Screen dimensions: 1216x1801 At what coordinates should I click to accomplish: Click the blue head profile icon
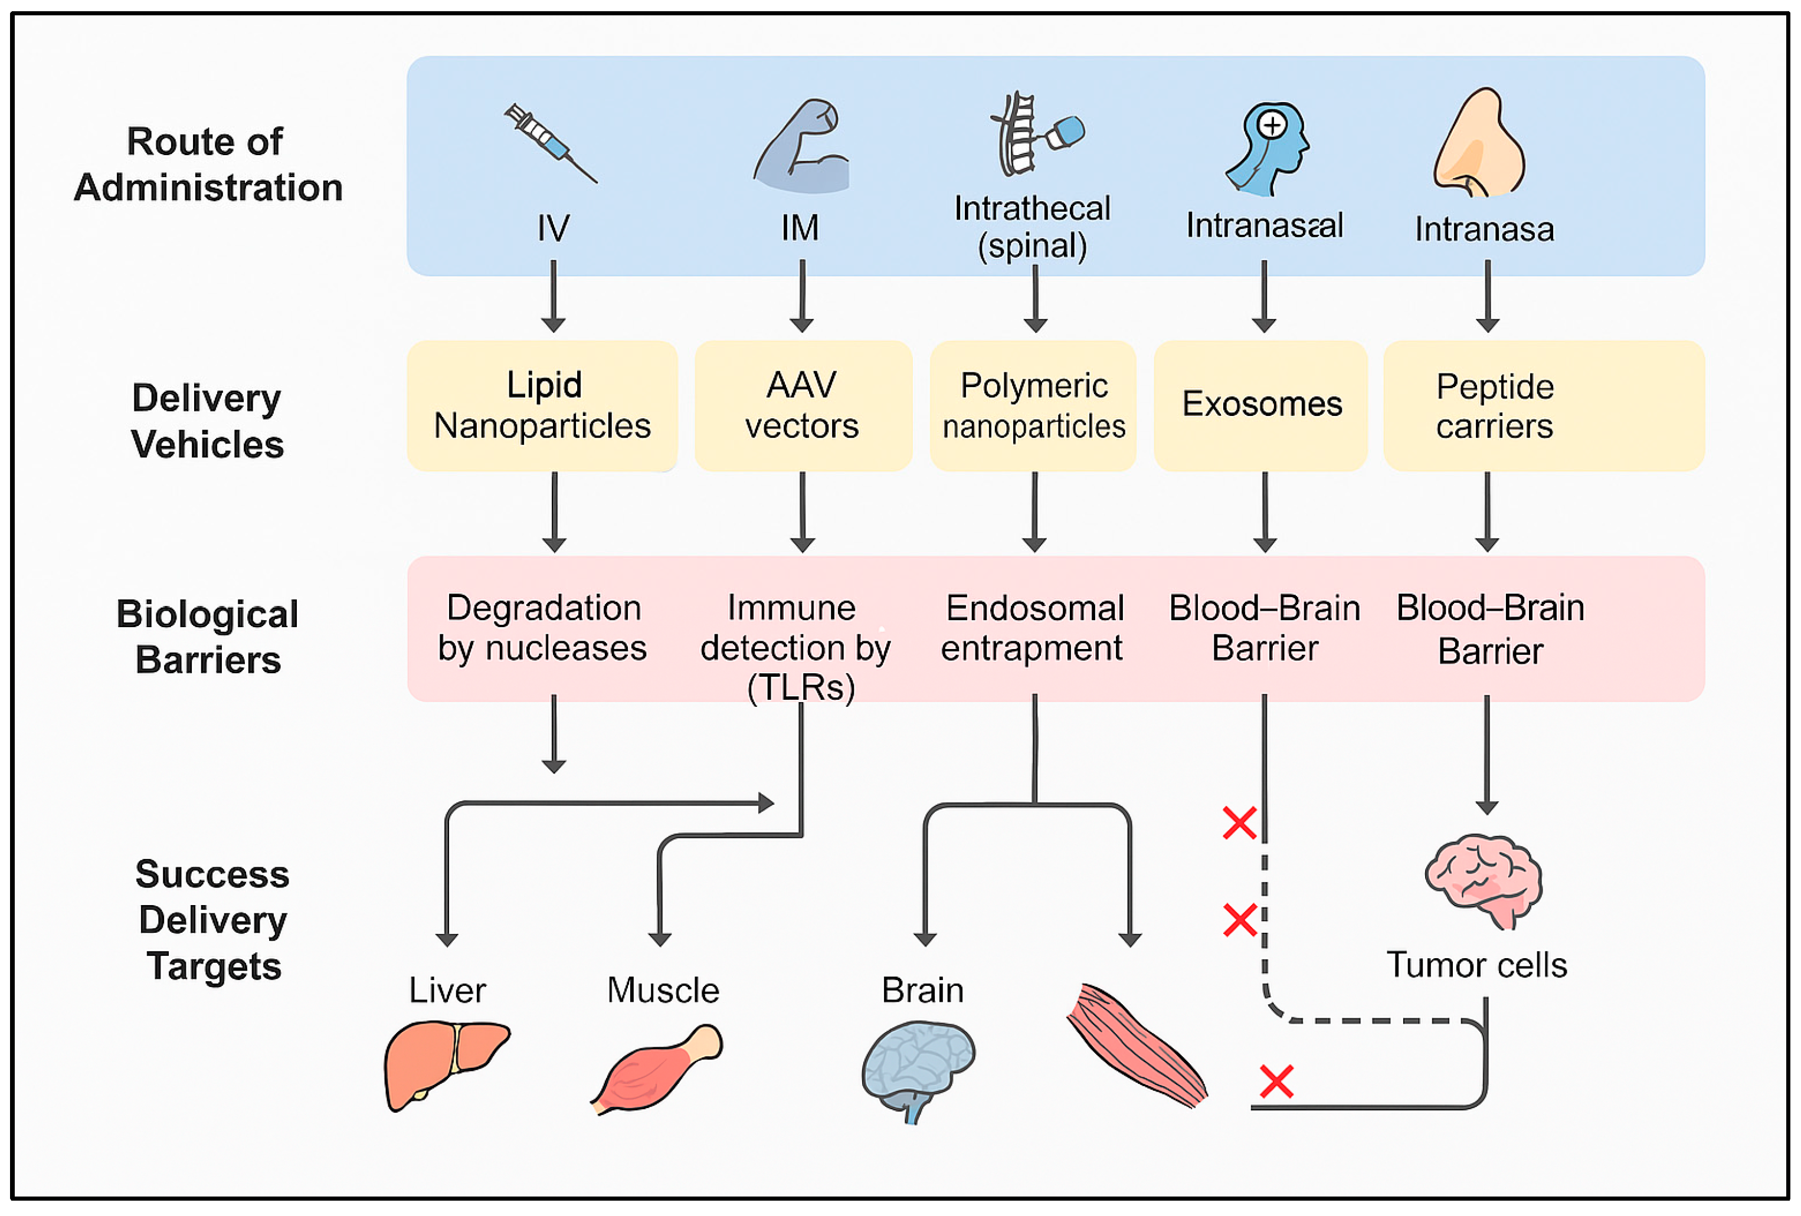[x=1268, y=148]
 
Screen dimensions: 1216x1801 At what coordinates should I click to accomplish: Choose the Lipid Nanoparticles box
[x=542, y=405]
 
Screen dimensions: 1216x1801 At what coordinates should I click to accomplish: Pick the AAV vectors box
[x=802, y=405]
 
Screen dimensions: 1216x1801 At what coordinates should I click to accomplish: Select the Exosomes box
[x=1261, y=405]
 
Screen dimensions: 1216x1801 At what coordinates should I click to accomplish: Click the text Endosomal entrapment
[x=1033, y=628]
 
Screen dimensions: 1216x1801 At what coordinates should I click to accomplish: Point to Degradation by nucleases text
[x=542, y=628]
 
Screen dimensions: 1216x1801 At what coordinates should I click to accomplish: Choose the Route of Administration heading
[x=208, y=164]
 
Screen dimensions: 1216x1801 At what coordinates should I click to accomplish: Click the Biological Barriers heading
[x=208, y=637]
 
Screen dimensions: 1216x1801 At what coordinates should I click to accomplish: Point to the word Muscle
[x=663, y=991]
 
